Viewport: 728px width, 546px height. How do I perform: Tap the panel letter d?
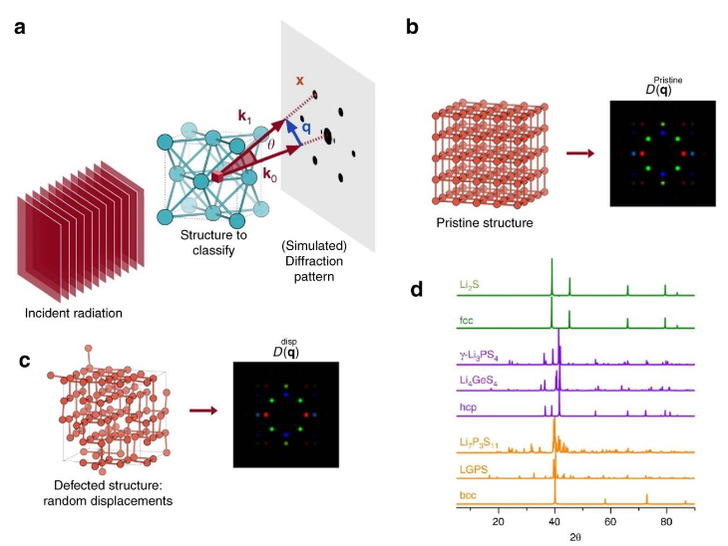click(420, 290)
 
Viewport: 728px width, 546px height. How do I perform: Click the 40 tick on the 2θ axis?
click(554, 521)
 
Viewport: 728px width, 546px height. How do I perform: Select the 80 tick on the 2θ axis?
click(666, 521)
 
